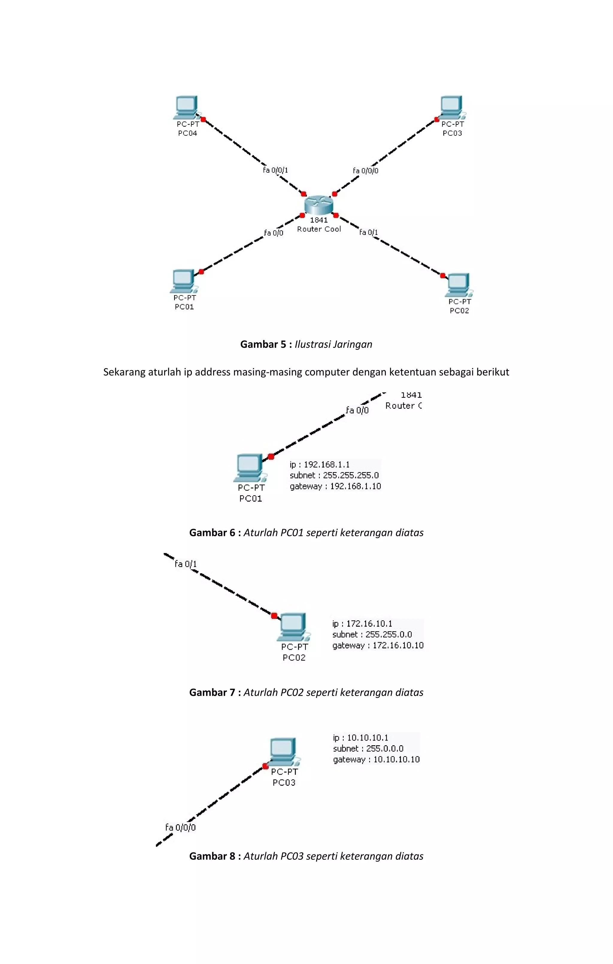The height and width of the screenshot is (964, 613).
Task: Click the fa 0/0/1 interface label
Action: pos(275,170)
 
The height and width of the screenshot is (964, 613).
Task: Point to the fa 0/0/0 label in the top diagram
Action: pos(365,170)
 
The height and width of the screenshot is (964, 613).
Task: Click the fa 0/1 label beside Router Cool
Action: pos(368,232)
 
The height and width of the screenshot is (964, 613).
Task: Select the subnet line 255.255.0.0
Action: pos(372,634)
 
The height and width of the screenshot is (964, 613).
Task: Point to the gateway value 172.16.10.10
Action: pos(398,645)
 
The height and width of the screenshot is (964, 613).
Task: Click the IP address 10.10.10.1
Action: pos(367,738)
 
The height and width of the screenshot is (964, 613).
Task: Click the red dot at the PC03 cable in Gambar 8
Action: pos(265,766)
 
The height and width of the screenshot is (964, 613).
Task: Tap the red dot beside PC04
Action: pos(203,119)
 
